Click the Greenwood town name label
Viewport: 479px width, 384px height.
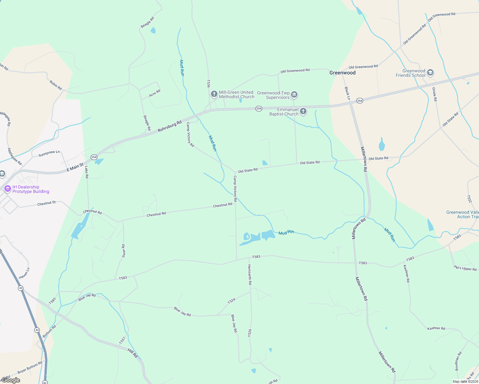pyautogui.click(x=342, y=73)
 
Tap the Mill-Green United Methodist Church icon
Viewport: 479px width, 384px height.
pyautogui.click(x=214, y=94)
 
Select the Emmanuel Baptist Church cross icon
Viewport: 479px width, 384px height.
pyautogui.click(x=303, y=111)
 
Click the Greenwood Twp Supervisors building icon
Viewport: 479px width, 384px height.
pyautogui.click(x=294, y=95)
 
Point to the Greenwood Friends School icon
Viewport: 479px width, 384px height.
pyautogui.click(x=430, y=73)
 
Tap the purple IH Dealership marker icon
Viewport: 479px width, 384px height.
pyautogui.click(x=8, y=189)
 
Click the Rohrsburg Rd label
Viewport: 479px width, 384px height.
pyautogui.click(x=170, y=126)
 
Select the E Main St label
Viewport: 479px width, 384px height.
pyautogui.click(x=75, y=167)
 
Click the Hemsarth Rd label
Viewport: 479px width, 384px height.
pyautogui.click(x=250, y=275)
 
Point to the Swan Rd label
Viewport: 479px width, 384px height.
pyautogui.click(x=124, y=251)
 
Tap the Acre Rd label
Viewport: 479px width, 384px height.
pyautogui.click(x=155, y=93)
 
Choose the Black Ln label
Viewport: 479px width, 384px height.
pyautogui.click(x=347, y=93)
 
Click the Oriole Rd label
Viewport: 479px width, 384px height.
pyautogui.click(x=434, y=94)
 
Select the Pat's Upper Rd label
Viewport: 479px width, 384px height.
pyautogui.click(x=465, y=268)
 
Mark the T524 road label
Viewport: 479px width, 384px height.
pyautogui.click(x=231, y=300)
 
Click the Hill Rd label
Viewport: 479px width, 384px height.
pyautogui.click(x=133, y=353)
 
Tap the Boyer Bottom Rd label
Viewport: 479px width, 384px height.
pyautogui.click(x=30, y=367)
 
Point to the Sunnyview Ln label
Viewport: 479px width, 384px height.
pyautogui.click(x=49, y=154)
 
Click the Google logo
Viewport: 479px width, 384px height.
pyautogui.click(x=11, y=380)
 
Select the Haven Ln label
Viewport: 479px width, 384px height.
pyautogui.click(x=24, y=273)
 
